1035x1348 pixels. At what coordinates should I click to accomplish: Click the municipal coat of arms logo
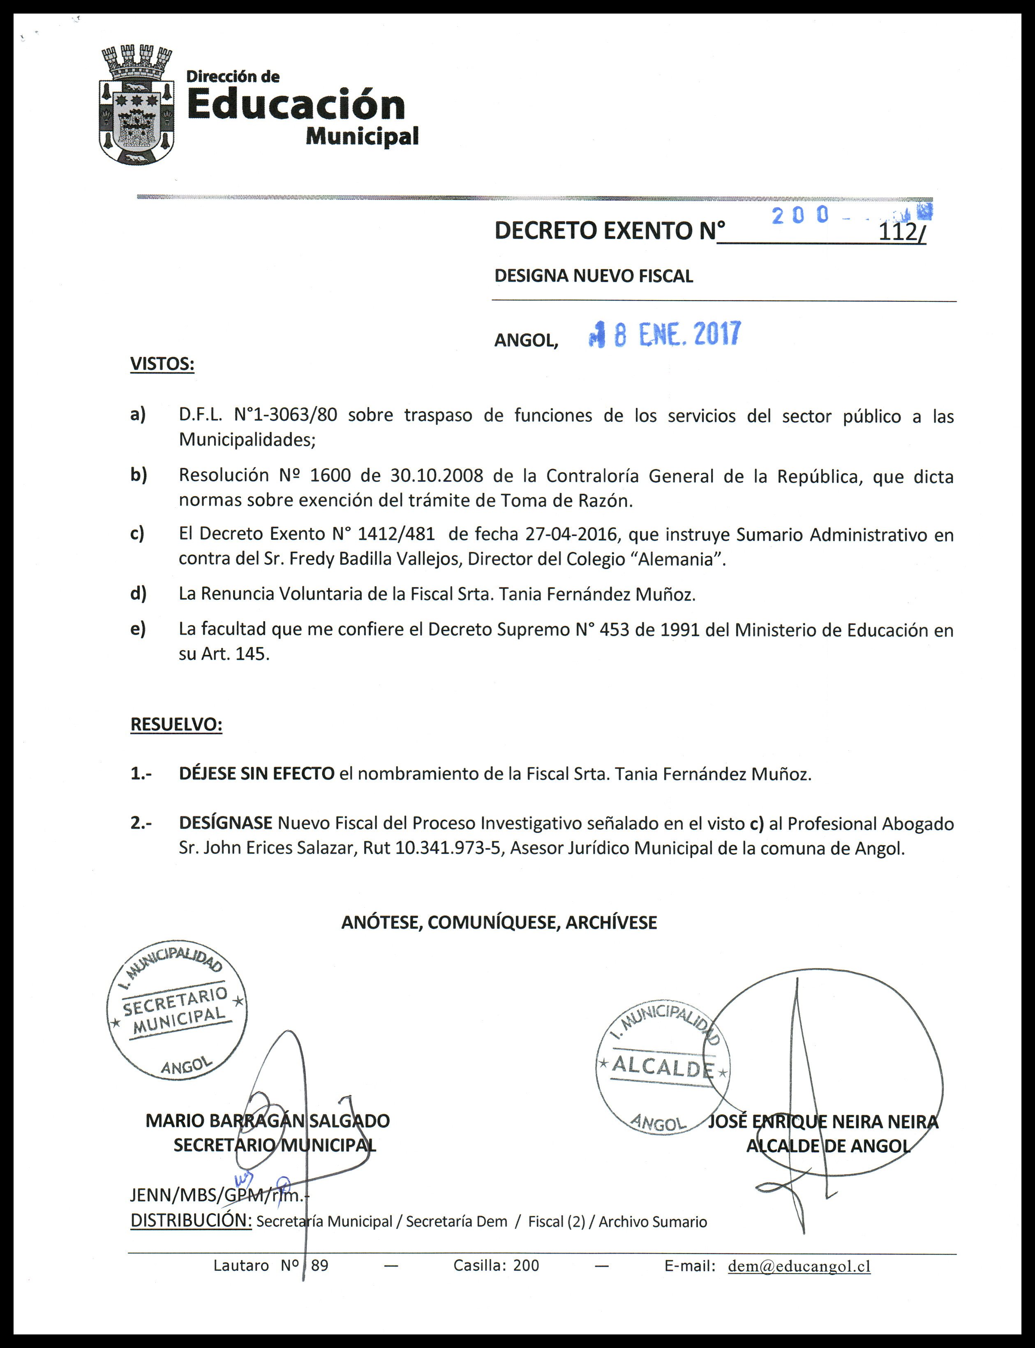(x=136, y=106)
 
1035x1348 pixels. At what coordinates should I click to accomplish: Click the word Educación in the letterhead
(x=296, y=105)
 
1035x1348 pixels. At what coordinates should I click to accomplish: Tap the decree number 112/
(x=903, y=233)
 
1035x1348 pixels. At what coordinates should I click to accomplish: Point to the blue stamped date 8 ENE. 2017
(x=665, y=335)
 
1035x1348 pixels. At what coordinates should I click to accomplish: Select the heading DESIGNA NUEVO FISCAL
(x=593, y=276)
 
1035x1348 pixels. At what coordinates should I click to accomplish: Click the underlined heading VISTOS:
(x=162, y=364)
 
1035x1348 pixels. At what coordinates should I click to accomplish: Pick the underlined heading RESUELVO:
(x=176, y=724)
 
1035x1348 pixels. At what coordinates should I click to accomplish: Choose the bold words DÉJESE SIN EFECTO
(x=256, y=774)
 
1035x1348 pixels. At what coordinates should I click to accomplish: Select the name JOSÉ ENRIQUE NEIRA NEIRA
(x=823, y=1122)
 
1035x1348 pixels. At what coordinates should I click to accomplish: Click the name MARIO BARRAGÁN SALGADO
(x=267, y=1121)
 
